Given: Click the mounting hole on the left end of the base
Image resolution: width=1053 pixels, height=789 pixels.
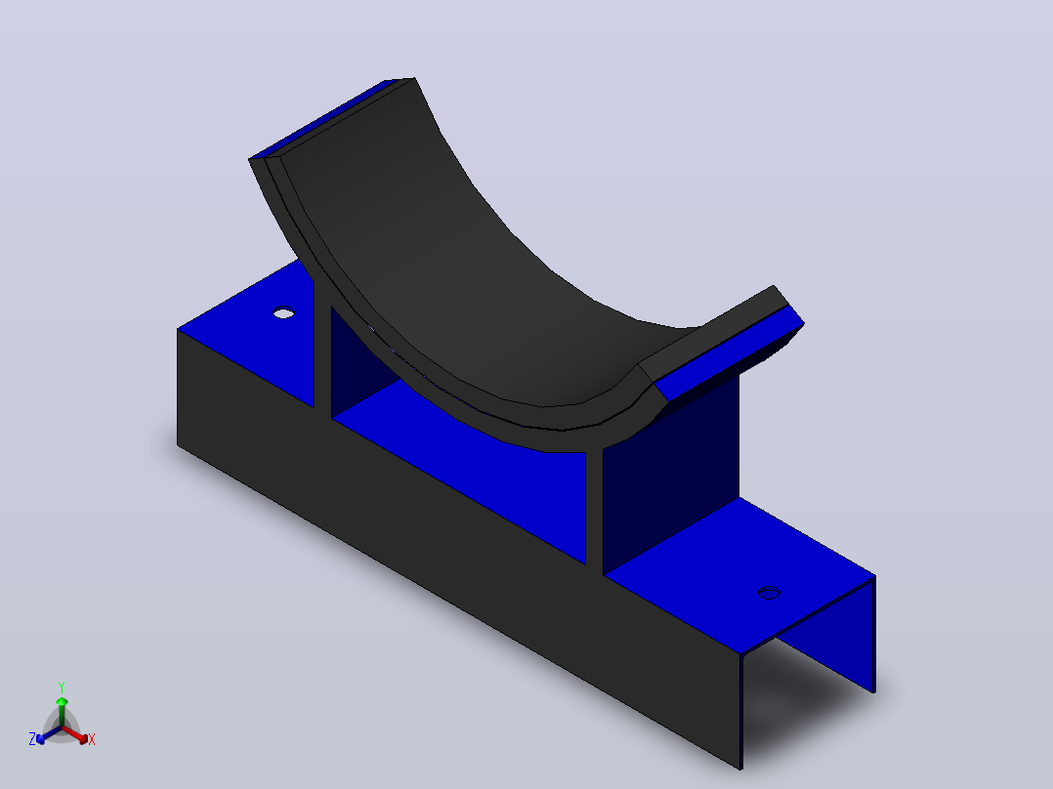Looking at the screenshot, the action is click(283, 312).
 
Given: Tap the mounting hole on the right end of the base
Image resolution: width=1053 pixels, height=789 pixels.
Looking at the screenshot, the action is click(769, 593).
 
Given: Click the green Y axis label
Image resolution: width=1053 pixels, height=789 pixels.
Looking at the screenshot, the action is click(62, 686).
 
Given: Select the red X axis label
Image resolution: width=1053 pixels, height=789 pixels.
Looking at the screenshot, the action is click(92, 739).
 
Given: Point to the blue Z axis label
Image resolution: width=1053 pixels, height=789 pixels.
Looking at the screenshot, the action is click(31, 739).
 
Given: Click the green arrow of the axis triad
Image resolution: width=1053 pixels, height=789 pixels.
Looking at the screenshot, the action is click(62, 711).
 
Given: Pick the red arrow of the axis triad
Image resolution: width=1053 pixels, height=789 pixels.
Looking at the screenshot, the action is click(75, 734).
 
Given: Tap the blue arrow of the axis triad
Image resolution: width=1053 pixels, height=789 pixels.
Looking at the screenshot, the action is click(49, 735).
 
